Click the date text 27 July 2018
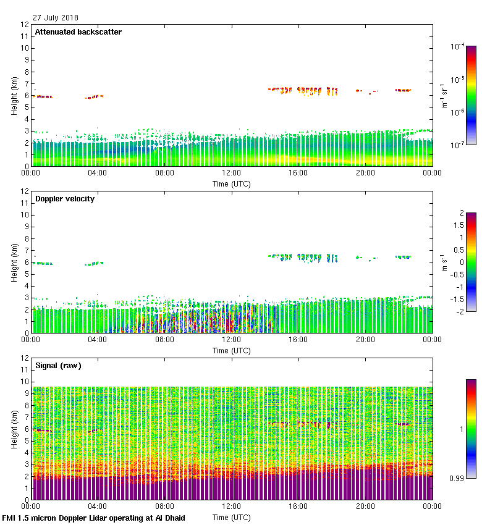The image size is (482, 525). pos(56,17)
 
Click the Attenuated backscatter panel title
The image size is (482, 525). pos(78,32)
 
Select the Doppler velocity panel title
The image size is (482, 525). pos(65,199)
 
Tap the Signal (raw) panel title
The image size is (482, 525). pos(58,366)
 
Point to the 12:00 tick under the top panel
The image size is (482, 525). pos(231,173)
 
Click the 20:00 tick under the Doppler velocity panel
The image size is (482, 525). pos(365,340)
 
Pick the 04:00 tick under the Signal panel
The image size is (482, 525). pos(98,506)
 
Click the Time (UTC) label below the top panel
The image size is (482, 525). pos(232,184)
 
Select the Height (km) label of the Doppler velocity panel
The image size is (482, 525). pos(14,262)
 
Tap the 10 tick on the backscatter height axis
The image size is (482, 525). pos(24,48)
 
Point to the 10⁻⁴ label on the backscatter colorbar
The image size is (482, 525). pos(457,47)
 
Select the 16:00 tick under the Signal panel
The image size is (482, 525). pos(298,506)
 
